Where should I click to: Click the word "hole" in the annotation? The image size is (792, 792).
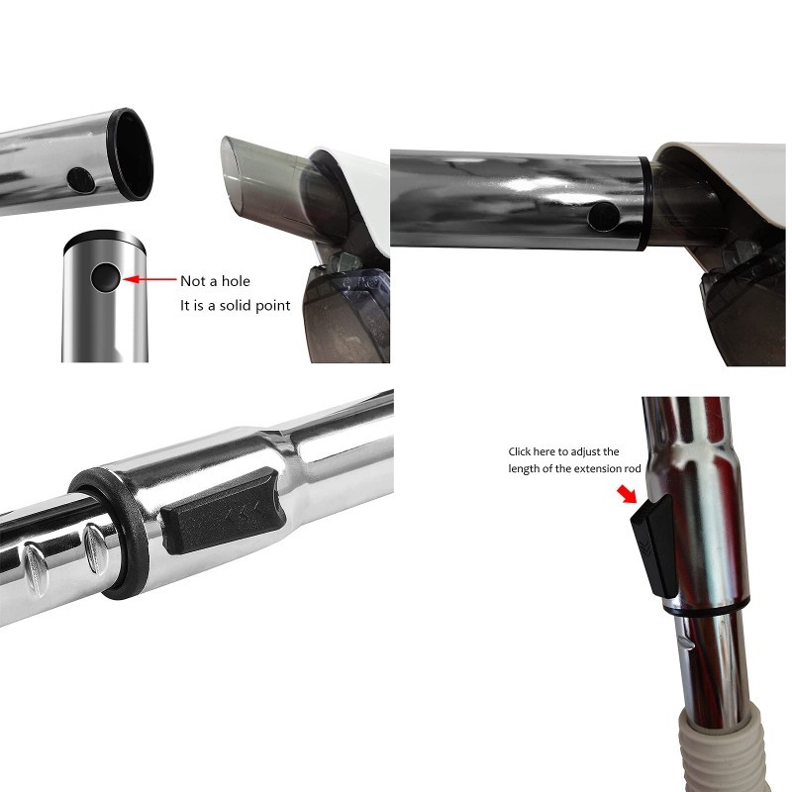(x=236, y=281)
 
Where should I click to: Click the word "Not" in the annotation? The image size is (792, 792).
(x=192, y=281)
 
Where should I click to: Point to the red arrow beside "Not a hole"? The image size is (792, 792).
(x=149, y=279)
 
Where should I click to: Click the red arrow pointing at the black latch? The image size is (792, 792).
(x=628, y=494)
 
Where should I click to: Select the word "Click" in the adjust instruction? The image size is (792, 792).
(x=519, y=451)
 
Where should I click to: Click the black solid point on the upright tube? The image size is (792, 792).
(x=106, y=277)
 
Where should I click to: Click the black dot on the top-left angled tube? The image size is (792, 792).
(x=81, y=180)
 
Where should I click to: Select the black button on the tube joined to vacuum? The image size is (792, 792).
(x=604, y=217)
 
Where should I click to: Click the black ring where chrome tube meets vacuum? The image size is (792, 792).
(x=644, y=204)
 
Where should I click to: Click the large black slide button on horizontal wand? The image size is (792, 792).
(x=223, y=511)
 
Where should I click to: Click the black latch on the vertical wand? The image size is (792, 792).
(x=654, y=545)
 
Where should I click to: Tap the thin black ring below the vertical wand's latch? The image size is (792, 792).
(x=707, y=608)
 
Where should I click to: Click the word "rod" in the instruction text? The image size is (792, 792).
(x=633, y=468)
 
